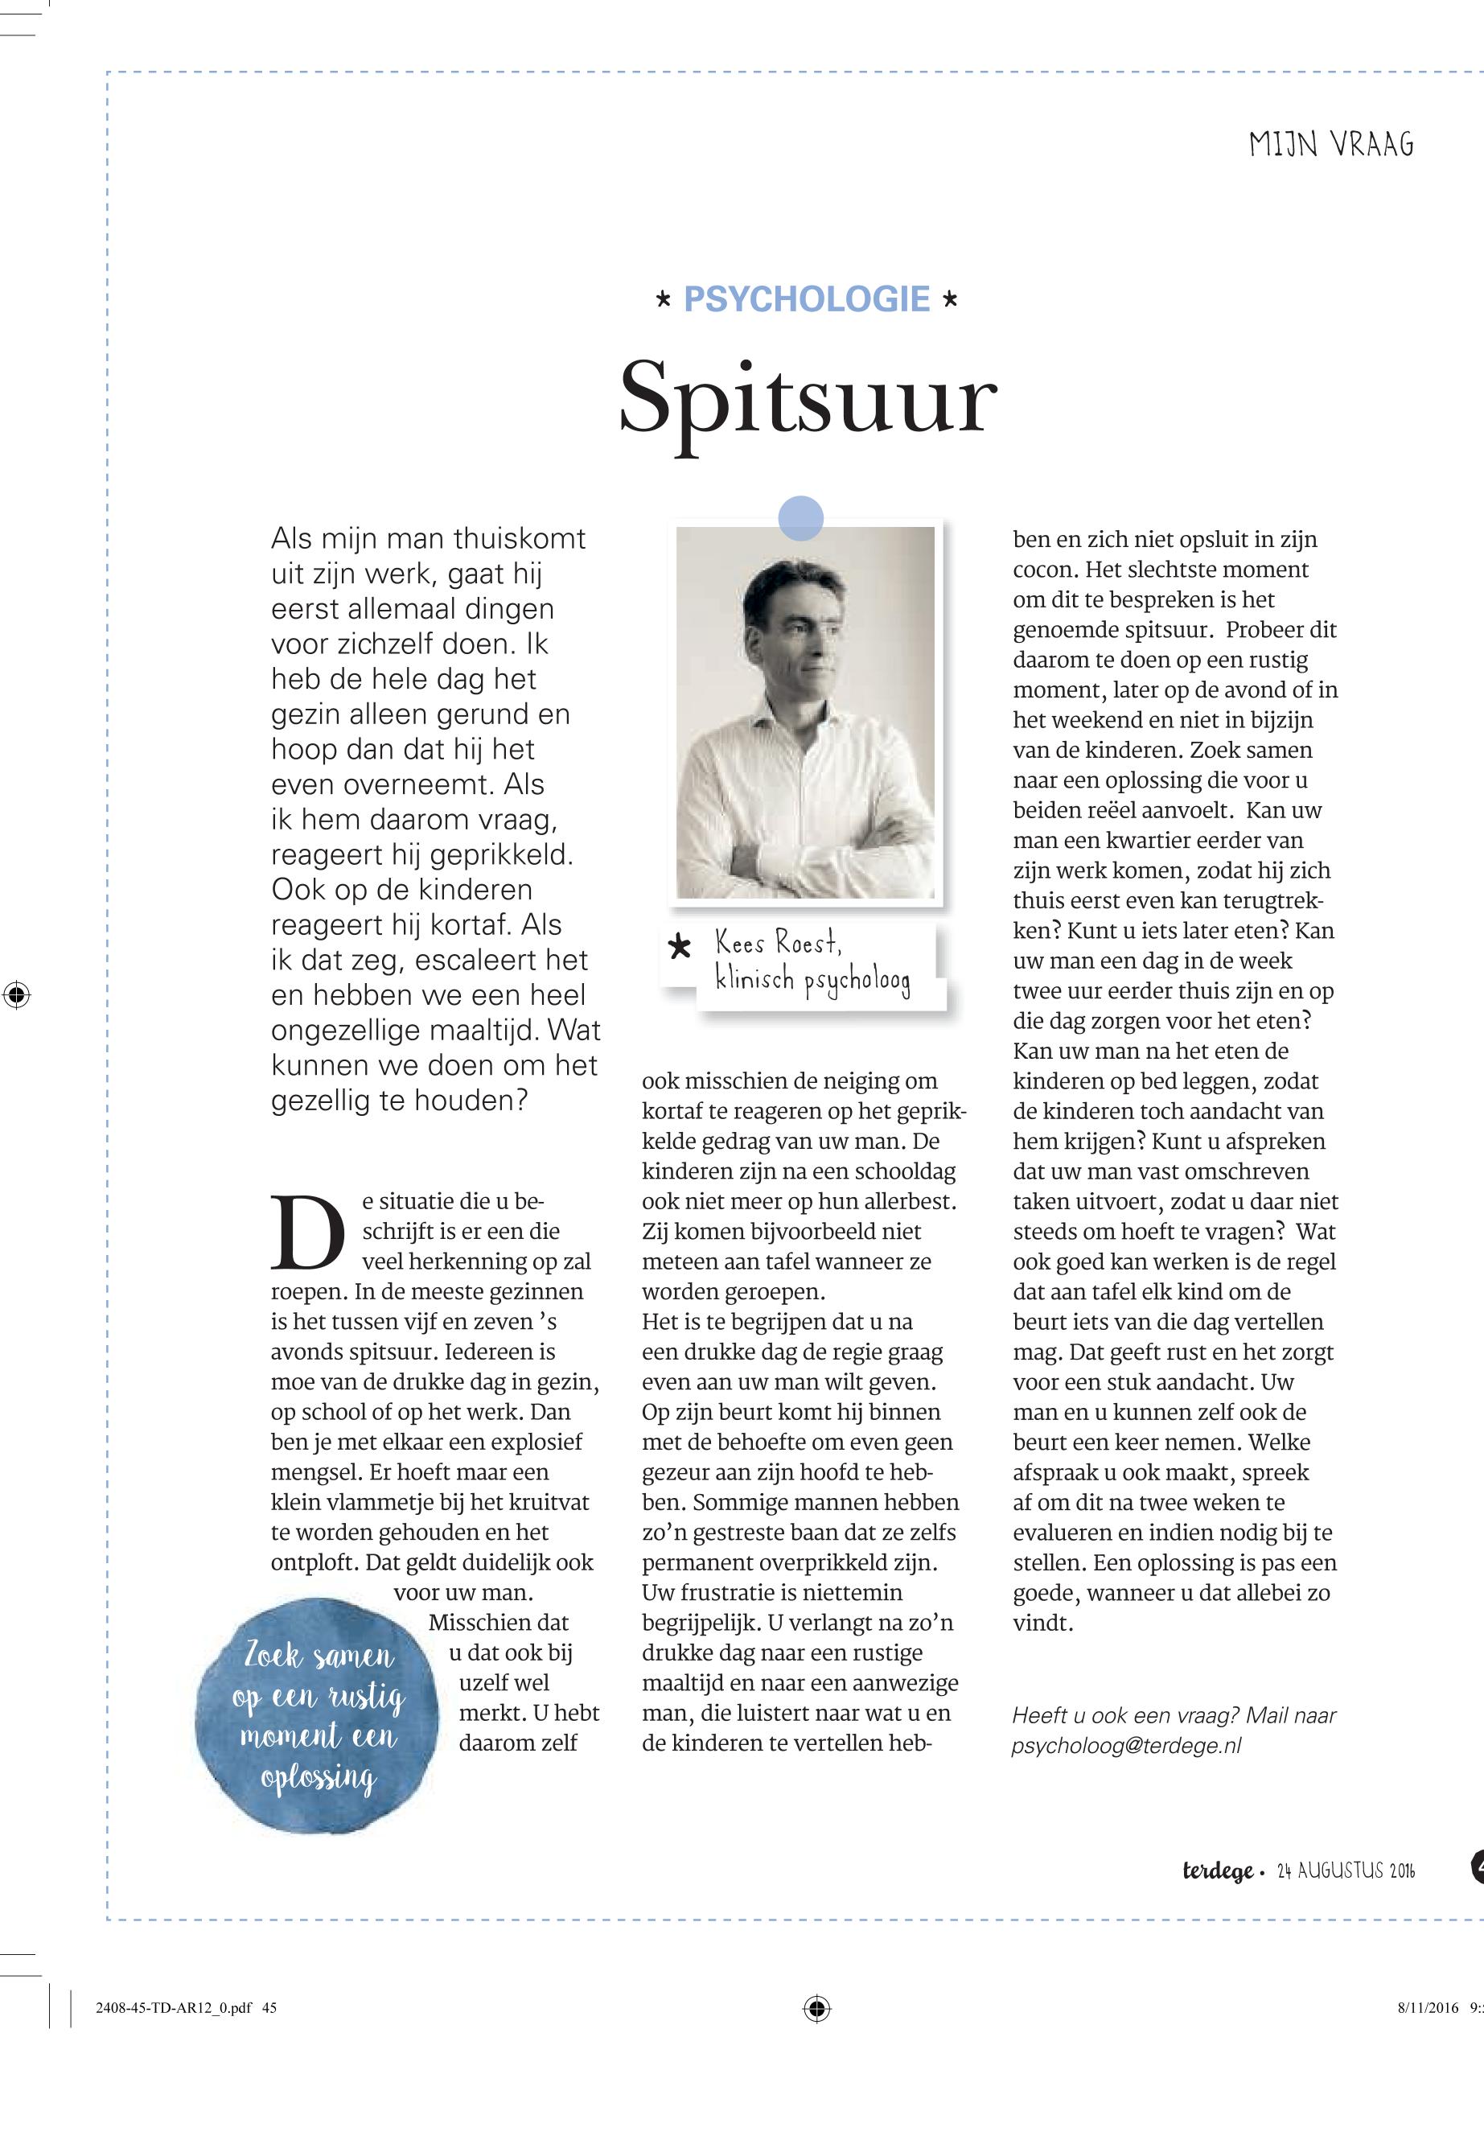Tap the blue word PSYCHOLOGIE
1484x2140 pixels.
pos(806,299)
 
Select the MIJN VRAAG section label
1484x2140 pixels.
pos(1330,146)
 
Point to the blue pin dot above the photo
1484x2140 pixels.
pos(800,518)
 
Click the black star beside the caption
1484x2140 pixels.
pos(680,948)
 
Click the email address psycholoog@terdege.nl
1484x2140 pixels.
pos(1126,1746)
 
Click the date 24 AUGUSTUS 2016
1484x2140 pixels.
pos(1346,1870)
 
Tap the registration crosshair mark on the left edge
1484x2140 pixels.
pos(16,994)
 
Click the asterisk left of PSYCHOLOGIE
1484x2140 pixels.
pos(663,300)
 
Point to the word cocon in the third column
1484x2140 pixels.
pos(1043,570)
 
